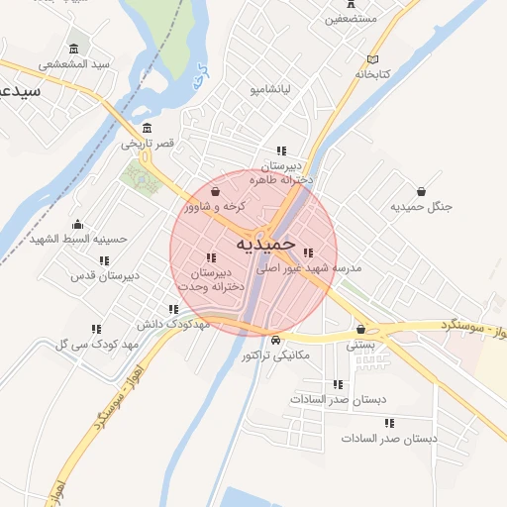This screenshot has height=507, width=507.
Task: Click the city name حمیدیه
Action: click(x=266, y=242)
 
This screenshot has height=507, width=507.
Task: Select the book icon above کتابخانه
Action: click(x=372, y=58)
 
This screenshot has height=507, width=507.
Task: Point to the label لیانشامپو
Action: click(x=268, y=90)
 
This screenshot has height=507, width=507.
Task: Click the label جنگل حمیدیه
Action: click(x=421, y=207)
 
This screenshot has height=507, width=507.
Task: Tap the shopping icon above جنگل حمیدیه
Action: click(x=422, y=191)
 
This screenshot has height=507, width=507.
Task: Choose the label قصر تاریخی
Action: click(x=148, y=144)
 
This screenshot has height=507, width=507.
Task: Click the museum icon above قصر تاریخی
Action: click(x=148, y=128)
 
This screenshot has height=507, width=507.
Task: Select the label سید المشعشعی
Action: click(x=75, y=64)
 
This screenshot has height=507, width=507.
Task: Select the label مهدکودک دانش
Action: click(x=172, y=324)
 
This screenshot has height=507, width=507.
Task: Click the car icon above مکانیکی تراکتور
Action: click(x=275, y=340)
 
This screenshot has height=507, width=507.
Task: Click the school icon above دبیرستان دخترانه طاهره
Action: click(x=281, y=151)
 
